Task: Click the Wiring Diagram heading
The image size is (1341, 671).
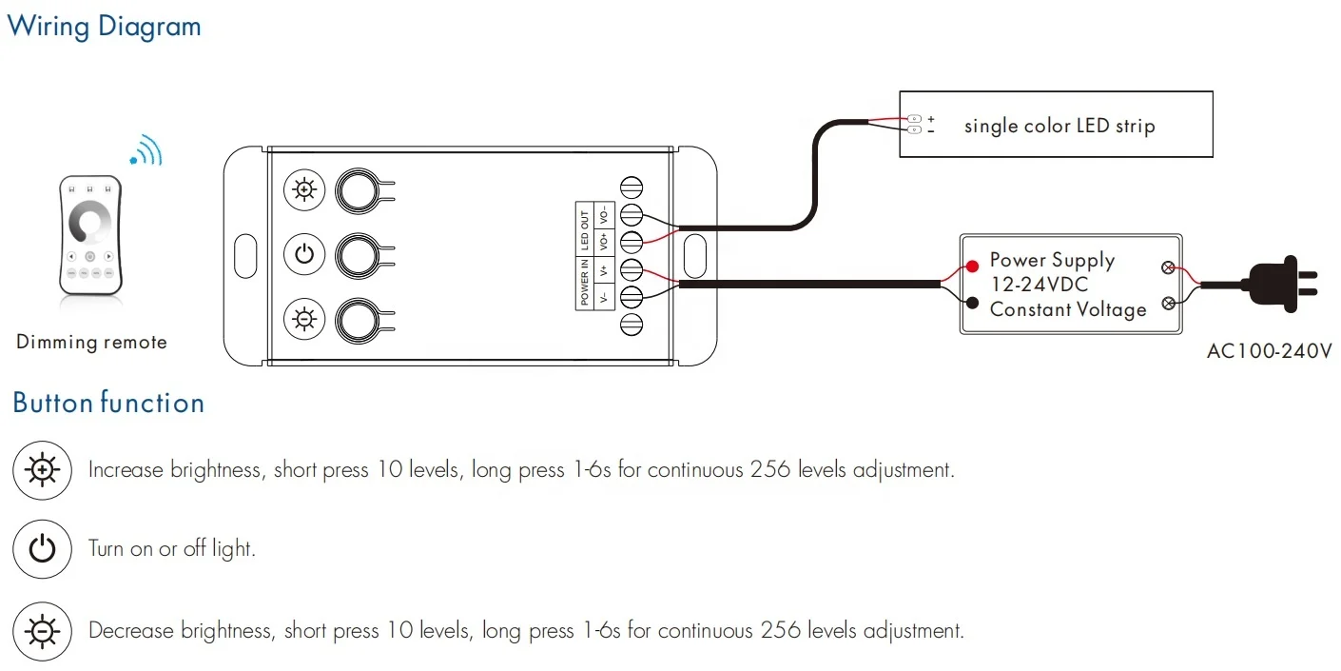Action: tap(105, 26)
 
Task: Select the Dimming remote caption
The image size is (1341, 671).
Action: tap(91, 342)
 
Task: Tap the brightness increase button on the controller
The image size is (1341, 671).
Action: tap(304, 190)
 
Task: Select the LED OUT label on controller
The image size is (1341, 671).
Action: tap(585, 228)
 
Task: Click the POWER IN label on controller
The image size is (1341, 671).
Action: tap(585, 283)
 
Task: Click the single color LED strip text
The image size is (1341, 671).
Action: tap(1059, 126)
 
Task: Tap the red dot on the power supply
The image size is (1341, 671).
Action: tap(973, 266)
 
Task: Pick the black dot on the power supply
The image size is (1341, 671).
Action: tap(973, 303)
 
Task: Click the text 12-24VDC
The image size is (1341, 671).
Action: tap(1039, 285)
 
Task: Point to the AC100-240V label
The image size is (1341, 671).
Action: tap(1269, 351)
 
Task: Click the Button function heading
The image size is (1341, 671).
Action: tap(108, 403)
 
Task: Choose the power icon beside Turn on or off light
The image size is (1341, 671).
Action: tap(43, 549)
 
